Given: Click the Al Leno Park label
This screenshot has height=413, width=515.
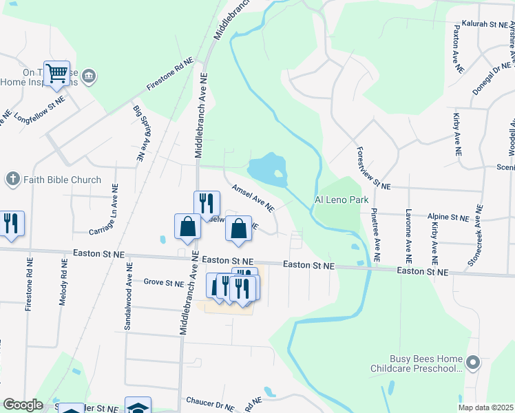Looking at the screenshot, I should coord(342,200).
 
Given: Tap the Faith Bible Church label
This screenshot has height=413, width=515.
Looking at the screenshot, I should coord(62,180).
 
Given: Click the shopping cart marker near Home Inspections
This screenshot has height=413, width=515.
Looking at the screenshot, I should coord(56,73).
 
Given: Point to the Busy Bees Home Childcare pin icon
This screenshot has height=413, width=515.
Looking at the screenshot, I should coord(472,361).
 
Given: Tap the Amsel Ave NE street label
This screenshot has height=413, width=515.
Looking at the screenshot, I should coord(253,198).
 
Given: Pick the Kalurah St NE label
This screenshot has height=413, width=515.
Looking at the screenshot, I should coord(484,24).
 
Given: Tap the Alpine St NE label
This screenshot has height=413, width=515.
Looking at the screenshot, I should coord(448,216).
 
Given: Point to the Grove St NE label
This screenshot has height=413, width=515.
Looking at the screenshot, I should coord(164,282).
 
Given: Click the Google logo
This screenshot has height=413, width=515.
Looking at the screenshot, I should coord(23,405).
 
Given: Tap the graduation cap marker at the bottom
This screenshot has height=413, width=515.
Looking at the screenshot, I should coord(138,406).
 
